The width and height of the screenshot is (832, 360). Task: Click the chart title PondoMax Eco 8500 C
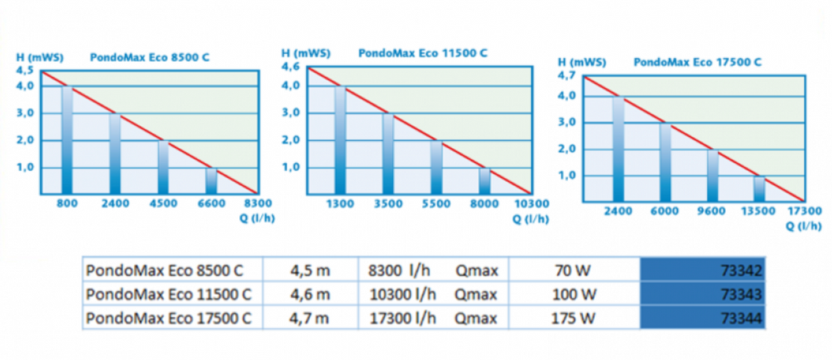click(149, 58)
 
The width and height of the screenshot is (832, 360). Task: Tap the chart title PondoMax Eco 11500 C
click(423, 53)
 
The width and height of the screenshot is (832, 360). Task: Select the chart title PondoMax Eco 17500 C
click(698, 62)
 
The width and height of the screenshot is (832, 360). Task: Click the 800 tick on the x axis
click(66, 203)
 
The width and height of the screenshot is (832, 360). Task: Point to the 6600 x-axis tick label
click(211, 203)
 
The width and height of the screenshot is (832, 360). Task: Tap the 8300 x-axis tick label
click(258, 203)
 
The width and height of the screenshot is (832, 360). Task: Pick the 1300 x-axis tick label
click(340, 204)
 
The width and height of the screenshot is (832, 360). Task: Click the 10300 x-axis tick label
click(532, 204)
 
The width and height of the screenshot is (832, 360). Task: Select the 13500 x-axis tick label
click(759, 211)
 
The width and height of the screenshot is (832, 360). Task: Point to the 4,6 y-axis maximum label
click(291, 67)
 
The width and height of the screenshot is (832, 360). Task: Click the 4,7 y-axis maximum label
click(568, 75)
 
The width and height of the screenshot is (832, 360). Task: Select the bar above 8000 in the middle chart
click(485, 180)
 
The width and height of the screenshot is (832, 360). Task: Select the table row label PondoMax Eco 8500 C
click(164, 270)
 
